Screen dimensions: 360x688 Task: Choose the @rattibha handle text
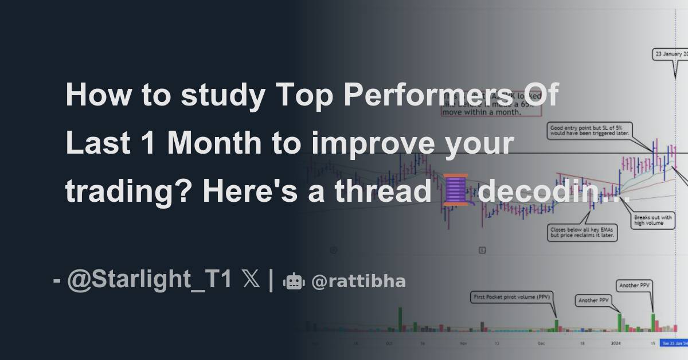click(x=358, y=281)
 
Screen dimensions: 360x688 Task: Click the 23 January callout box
click(x=671, y=54)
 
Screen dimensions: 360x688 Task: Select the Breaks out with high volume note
click(x=648, y=220)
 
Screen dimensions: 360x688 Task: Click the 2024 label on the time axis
click(x=615, y=343)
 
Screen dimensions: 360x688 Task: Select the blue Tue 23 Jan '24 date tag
click(x=674, y=343)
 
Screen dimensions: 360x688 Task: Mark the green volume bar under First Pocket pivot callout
click(x=556, y=325)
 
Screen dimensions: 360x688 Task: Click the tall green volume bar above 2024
click(x=619, y=321)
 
